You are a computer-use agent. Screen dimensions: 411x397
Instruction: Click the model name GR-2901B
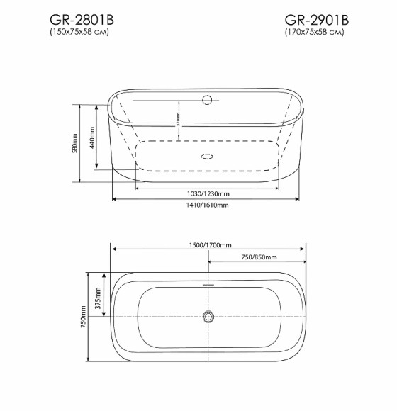317,19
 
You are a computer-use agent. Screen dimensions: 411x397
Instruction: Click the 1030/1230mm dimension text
208,193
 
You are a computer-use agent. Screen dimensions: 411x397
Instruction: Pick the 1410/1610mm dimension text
208,205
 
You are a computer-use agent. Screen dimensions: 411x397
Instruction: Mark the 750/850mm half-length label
257,257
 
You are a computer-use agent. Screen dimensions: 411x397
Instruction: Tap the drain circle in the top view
208,317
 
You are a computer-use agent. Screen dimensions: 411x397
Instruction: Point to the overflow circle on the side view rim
208,100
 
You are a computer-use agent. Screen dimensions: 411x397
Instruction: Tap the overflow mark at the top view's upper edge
208,284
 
